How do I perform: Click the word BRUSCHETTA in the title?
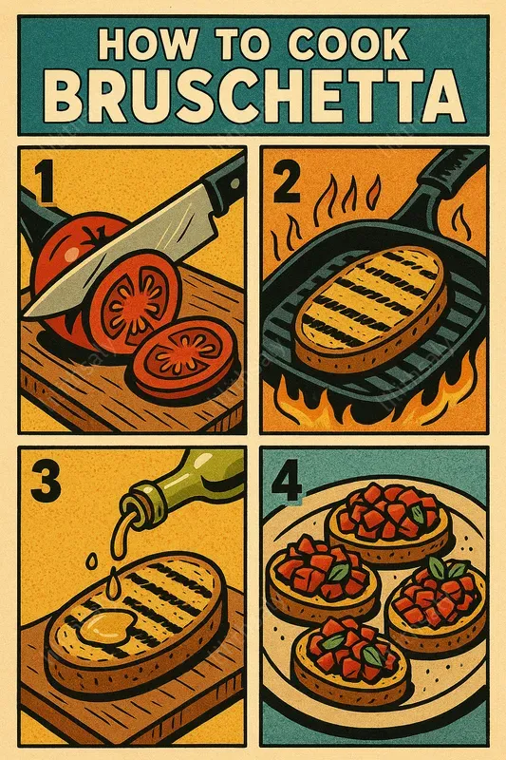pos(253,94)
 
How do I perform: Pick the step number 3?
pos(46,483)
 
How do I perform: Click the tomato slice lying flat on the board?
pos(182,358)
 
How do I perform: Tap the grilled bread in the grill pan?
pos(371,306)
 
